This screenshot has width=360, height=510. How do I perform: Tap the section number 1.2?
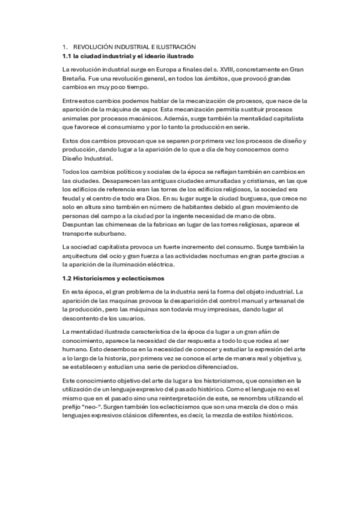(x=67, y=278)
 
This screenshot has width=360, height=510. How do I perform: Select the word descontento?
(x=83, y=318)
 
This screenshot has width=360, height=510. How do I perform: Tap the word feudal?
(x=72, y=198)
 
